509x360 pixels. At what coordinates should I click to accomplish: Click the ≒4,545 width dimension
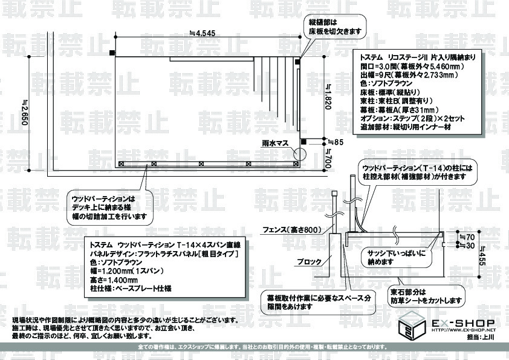[202, 33]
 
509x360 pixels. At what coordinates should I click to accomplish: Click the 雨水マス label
[274, 144]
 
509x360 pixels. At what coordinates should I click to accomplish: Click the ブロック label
[310, 261]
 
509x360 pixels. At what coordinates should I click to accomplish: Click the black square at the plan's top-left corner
[112, 53]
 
